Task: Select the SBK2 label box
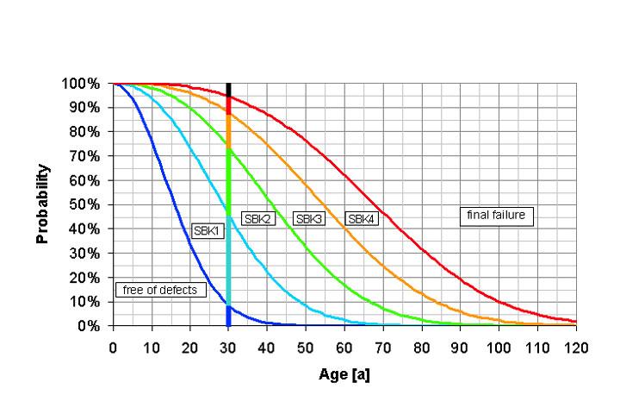coord(257,219)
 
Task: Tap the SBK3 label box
coord(309,219)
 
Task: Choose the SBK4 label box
coord(361,219)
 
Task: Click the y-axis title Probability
coord(44,204)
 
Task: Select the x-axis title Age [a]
coord(344,376)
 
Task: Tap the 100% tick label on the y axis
coord(83,84)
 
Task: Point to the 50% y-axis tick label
coord(86,205)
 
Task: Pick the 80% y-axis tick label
coord(86,132)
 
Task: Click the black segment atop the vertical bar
coord(228,89)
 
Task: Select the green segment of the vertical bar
coord(228,177)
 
